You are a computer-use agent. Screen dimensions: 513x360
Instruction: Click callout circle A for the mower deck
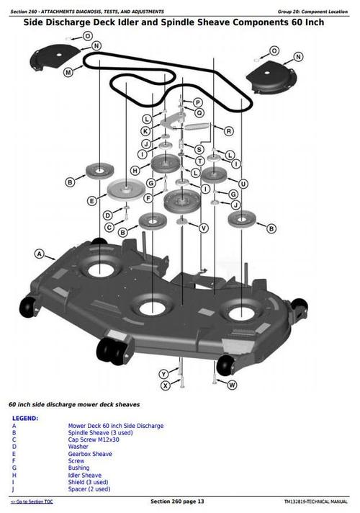click(40, 254)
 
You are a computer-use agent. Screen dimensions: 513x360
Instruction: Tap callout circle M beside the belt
click(68, 72)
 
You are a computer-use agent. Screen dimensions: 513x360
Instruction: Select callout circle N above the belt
click(96, 44)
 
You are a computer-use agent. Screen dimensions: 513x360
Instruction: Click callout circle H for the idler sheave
click(135, 170)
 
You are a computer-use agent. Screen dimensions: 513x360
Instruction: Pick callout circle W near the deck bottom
click(232, 385)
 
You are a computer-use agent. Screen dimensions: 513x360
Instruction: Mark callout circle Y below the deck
click(164, 373)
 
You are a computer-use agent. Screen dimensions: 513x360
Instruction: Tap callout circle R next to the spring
click(228, 131)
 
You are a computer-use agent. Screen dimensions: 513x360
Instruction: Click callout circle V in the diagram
click(204, 228)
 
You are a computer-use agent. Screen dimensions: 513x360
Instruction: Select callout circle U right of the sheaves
click(243, 184)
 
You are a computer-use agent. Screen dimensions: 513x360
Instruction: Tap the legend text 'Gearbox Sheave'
click(90, 454)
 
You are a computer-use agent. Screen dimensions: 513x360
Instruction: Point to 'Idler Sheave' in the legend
click(85, 476)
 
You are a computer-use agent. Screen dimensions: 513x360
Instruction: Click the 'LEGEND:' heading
click(25, 418)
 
